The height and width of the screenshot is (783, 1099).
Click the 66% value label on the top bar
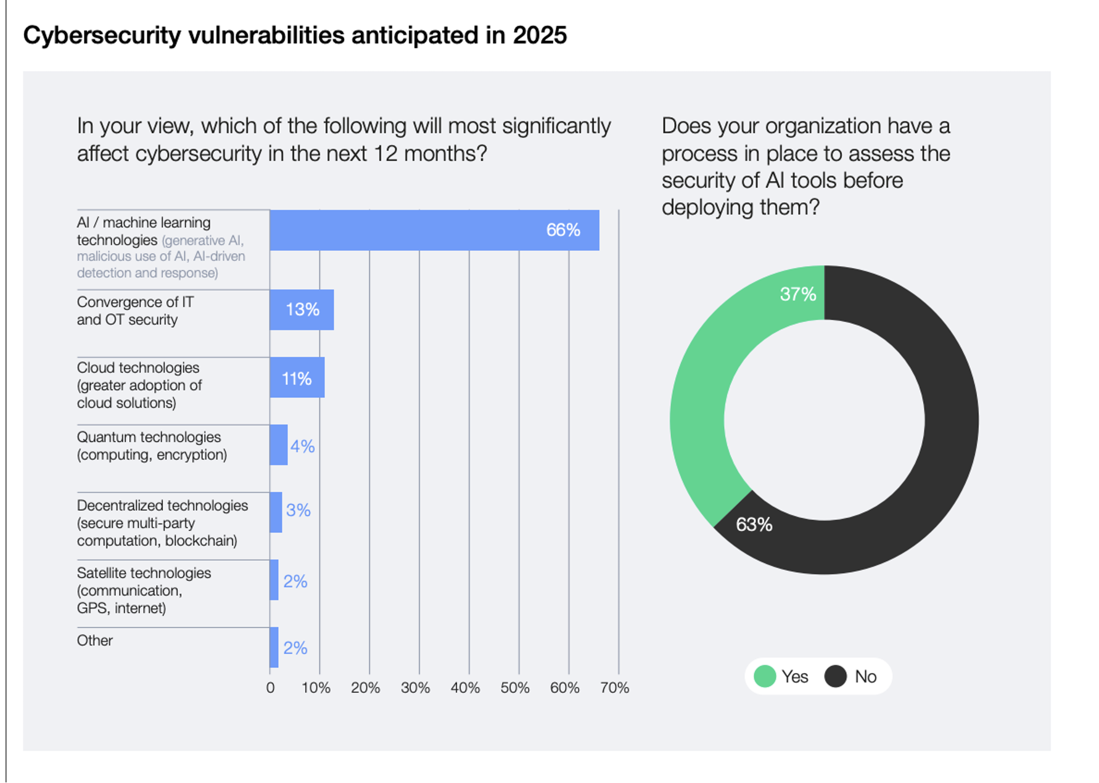point(563,230)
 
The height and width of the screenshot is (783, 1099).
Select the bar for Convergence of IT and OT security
point(302,310)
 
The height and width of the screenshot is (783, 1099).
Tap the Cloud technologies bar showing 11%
point(297,378)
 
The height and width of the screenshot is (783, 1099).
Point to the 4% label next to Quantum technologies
point(303,446)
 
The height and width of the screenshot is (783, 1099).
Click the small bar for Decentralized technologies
point(276,512)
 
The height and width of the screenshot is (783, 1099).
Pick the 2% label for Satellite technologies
point(295,581)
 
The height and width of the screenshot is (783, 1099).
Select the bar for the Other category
point(274,647)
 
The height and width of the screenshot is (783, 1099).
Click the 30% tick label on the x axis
point(415,688)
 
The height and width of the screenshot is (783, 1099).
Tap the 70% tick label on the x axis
point(614,688)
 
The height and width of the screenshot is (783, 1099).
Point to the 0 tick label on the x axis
point(270,688)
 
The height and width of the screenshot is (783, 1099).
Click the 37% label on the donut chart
point(798,294)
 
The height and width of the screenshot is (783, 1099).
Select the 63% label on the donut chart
point(754,525)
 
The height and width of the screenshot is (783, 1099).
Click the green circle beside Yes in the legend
point(765,676)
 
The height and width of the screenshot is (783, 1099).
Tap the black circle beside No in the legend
point(836,676)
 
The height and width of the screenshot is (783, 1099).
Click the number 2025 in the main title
point(540,35)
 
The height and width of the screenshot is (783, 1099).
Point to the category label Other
point(94,641)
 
